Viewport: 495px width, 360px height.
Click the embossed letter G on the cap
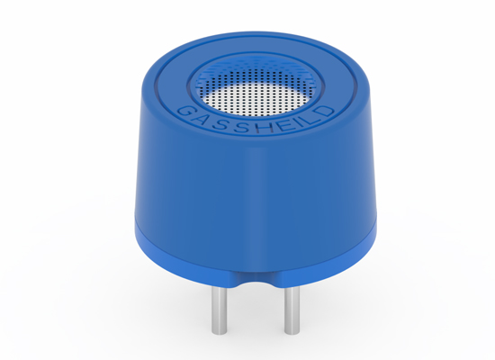184,112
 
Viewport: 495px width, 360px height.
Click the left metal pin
219,310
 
